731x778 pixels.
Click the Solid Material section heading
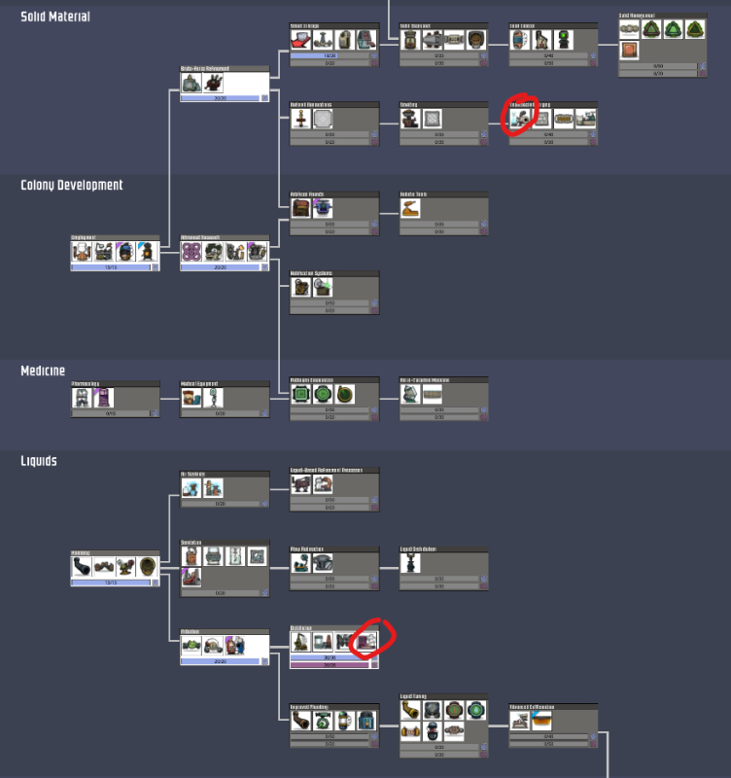55,17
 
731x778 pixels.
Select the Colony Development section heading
72,185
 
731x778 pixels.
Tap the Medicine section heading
43,371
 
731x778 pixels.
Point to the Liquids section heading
39,460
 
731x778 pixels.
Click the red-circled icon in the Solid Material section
520,119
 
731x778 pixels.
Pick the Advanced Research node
225,252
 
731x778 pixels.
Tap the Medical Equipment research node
225,399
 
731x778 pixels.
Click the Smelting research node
443,123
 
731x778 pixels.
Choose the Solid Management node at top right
662,45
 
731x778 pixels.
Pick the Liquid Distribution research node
443,568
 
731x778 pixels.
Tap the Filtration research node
225,647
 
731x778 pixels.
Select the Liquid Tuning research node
443,725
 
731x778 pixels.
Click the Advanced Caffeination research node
553,725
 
